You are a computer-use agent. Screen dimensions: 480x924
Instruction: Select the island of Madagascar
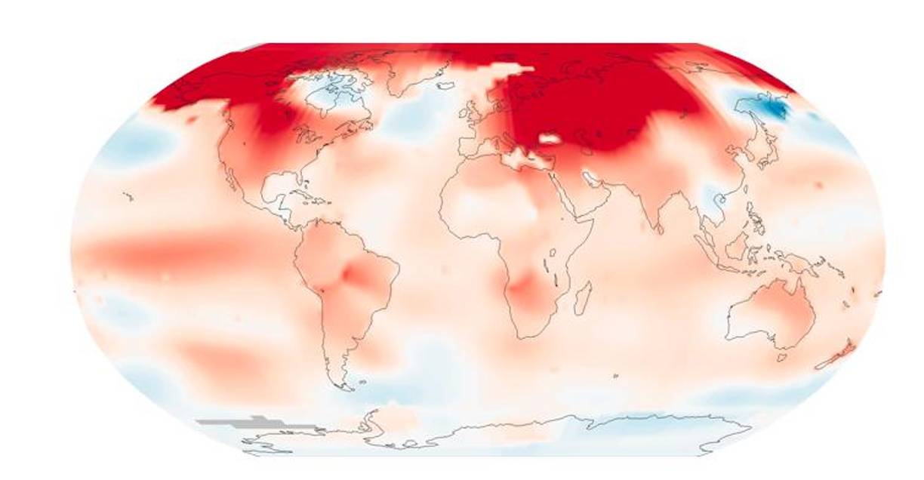(x=582, y=295)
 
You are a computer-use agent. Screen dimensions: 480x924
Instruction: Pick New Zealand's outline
(x=838, y=354)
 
